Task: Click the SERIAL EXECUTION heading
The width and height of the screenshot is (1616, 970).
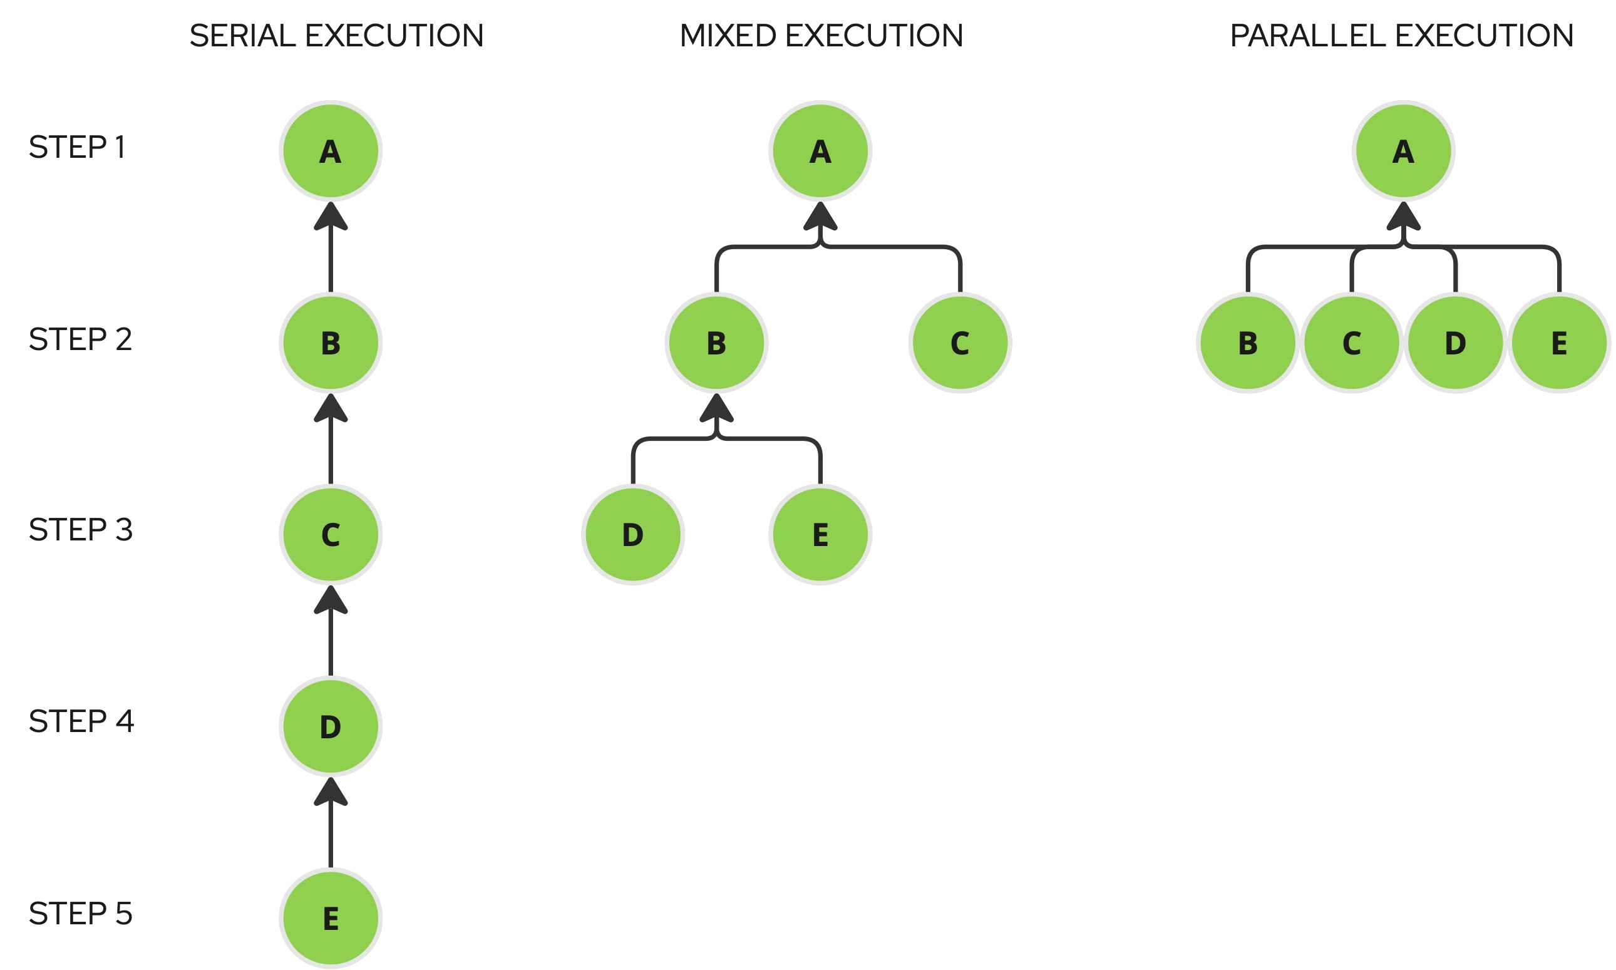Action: pos(336,36)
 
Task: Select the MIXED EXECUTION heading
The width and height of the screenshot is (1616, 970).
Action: pos(821,36)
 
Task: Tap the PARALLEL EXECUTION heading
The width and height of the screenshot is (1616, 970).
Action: pos(1402,36)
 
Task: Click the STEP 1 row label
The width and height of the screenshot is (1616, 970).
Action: pos(76,147)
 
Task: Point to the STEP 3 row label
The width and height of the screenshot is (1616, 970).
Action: pos(80,529)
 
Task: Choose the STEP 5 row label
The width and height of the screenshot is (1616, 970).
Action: pos(80,913)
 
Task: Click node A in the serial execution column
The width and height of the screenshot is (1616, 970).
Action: pos(331,150)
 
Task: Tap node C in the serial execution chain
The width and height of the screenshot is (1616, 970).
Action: pos(331,534)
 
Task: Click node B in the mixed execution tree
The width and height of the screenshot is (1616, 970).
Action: pos(716,343)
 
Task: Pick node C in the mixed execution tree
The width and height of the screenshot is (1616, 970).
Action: pos(960,343)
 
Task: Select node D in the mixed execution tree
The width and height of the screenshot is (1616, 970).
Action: pos(632,534)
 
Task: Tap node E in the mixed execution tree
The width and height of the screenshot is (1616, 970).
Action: pos(820,534)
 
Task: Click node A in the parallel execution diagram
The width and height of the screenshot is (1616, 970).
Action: pos(1403,150)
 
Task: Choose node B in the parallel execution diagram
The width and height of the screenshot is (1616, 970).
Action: pos(1247,343)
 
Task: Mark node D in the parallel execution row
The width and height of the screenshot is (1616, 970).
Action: pos(1455,343)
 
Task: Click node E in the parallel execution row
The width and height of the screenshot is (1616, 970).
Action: pos(1559,343)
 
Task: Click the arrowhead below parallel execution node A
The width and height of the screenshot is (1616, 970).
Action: pos(1403,217)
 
